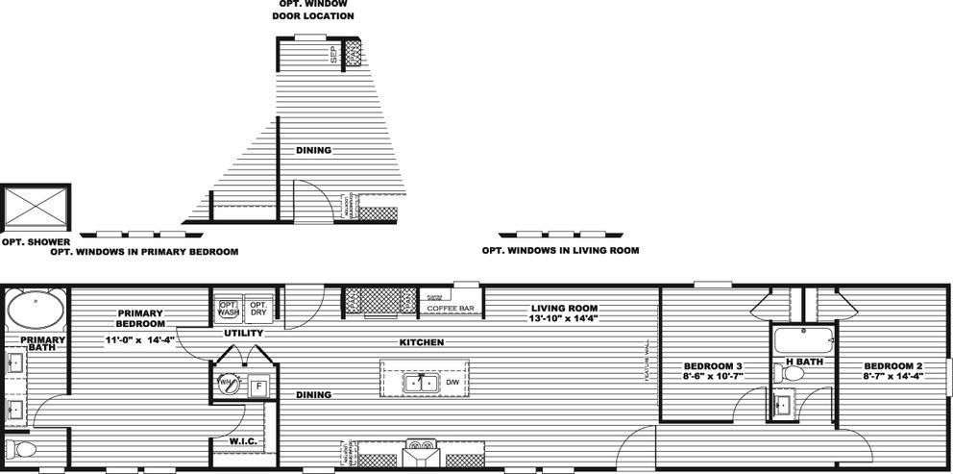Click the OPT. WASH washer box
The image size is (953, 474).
228,308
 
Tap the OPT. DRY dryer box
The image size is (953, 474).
257,308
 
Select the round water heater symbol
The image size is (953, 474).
227,383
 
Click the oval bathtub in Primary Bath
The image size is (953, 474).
37,312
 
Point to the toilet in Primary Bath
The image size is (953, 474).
21,449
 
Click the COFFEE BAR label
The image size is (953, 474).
451,309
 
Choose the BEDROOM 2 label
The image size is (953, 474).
892,366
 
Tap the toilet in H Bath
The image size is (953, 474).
781,372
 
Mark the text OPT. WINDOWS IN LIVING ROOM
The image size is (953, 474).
560,251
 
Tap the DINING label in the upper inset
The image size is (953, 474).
313,150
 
